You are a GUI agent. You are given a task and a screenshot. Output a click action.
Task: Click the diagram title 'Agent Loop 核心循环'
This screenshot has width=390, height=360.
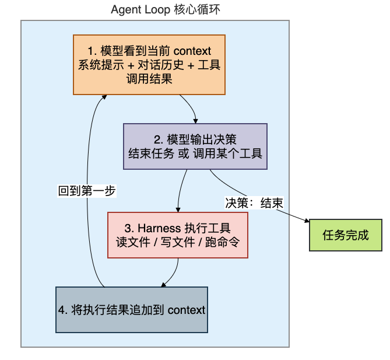click(x=166, y=10)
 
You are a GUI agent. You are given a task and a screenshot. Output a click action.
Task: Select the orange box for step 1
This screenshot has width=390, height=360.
click(x=149, y=65)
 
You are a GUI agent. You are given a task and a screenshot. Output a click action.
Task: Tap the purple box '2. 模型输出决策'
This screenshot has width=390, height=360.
click(x=195, y=146)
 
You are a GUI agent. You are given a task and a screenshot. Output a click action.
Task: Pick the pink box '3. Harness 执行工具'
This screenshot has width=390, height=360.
click(x=178, y=235)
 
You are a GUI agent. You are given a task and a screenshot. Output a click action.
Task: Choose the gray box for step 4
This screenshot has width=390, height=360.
click(x=132, y=310)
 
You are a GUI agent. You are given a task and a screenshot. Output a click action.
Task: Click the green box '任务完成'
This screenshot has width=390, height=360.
click(x=346, y=235)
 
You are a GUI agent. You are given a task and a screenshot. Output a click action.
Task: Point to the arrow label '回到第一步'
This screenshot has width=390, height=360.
click(x=87, y=191)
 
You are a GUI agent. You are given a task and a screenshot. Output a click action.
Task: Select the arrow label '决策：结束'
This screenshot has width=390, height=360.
click(x=254, y=203)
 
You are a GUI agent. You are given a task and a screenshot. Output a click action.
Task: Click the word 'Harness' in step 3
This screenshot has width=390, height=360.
click(x=159, y=228)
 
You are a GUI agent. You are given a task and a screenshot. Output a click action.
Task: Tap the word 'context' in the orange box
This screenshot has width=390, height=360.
click(x=192, y=51)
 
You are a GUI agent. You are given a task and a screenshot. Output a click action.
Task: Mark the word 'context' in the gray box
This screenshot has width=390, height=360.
click(x=187, y=310)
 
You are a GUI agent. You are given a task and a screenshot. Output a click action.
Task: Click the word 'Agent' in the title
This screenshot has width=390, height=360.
click(x=126, y=10)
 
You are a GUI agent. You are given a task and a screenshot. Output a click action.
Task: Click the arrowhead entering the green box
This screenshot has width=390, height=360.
click(x=307, y=221)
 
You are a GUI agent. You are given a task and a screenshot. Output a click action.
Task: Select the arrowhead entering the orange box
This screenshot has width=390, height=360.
click(x=104, y=97)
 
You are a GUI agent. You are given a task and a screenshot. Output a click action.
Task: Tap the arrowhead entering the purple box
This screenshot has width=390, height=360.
click(x=195, y=121)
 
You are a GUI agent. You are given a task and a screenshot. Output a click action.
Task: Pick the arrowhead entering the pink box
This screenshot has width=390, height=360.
click(x=178, y=209)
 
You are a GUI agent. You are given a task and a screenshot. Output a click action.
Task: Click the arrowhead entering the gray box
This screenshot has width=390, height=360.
click(x=163, y=285)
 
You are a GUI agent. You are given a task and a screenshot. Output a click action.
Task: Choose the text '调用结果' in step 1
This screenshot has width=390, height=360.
click(x=149, y=79)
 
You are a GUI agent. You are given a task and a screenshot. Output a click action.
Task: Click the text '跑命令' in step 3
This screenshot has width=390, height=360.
click(x=222, y=242)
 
